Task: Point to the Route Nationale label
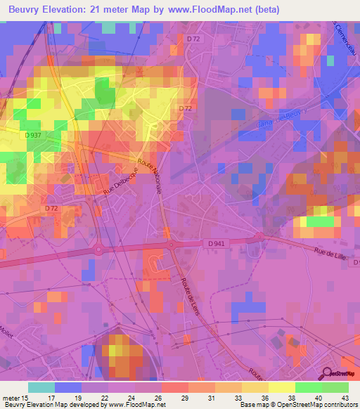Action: click(149, 176)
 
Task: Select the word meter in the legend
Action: click(11, 397)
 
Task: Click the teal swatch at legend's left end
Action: click(41, 387)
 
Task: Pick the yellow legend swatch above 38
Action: click(281, 387)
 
